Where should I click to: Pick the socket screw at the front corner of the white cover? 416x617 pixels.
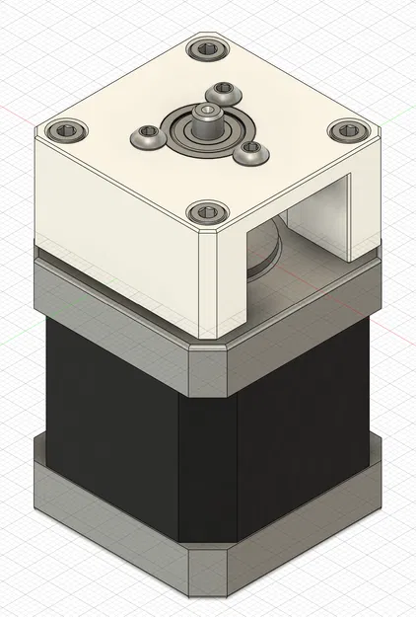point(206,210)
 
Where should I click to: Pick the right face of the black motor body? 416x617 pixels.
point(306,415)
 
